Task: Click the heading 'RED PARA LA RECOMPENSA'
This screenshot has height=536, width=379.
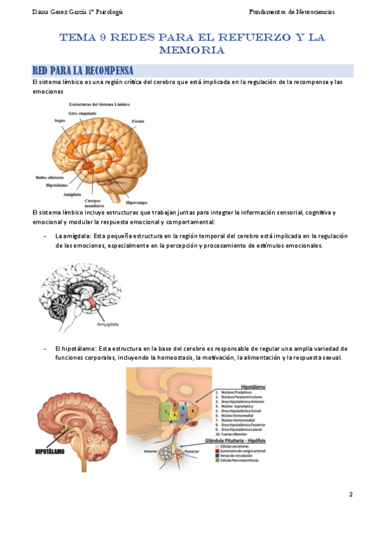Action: pyautogui.click(x=83, y=70)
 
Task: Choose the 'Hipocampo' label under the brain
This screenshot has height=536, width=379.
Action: pyautogui.click(x=136, y=202)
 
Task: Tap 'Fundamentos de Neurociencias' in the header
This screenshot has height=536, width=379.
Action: pyautogui.click(x=292, y=12)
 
